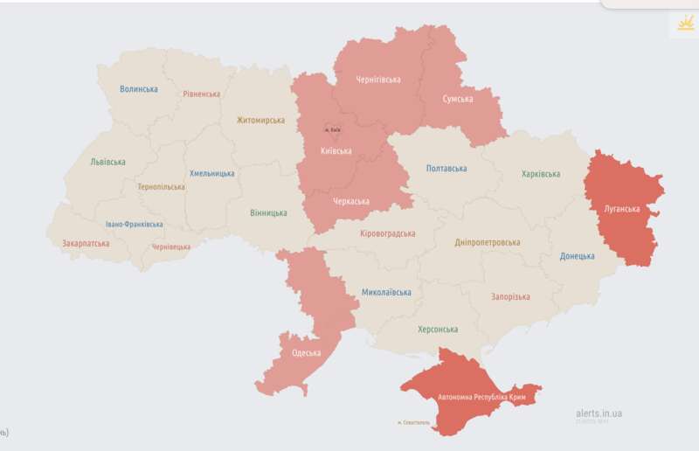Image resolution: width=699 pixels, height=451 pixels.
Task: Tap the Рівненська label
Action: pyautogui.click(x=202, y=94)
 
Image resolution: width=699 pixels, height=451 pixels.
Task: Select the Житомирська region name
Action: pyautogui.click(x=260, y=121)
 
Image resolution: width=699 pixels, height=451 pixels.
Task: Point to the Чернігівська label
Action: pyautogui.click(x=378, y=80)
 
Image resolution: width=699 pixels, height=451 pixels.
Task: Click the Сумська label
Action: pyautogui.click(x=458, y=100)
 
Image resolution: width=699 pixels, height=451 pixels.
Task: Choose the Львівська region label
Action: pyautogui.click(x=107, y=162)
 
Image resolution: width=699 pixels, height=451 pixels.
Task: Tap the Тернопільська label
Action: pyautogui.click(x=162, y=187)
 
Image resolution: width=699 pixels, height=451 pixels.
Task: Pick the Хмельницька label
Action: pyautogui.click(x=211, y=173)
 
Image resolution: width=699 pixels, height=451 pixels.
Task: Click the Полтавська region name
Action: pyautogui.click(x=446, y=169)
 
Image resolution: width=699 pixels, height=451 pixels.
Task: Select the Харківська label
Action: pyautogui.click(x=541, y=174)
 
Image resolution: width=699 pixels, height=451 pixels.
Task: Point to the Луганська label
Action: pyautogui.click(x=622, y=209)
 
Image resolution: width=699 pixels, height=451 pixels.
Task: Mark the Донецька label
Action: pyautogui.click(x=578, y=256)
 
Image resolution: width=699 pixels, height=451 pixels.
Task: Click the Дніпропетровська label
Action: pyautogui.click(x=488, y=242)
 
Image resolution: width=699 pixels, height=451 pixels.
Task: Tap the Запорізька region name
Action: pyautogui.click(x=509, y=297)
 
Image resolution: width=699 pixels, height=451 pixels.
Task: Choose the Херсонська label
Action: pyautogui.click(x=437, y=330)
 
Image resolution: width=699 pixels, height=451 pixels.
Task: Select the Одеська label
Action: pyautogui.click(x=306, y=353)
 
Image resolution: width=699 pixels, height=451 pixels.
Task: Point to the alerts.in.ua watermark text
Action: pyautogui.click(x=599, y=413)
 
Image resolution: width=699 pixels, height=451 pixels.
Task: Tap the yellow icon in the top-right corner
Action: pyautogui.click(x=682, y=24)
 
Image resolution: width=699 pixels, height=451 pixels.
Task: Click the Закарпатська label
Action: pyautogui.click(x=86, y=244)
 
